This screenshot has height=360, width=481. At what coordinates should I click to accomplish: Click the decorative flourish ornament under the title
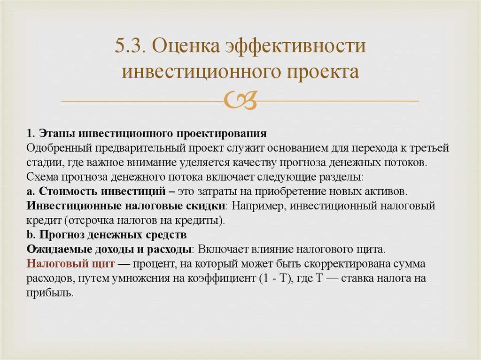coord(240,100)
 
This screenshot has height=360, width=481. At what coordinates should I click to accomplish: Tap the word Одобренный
coord(60,149)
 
